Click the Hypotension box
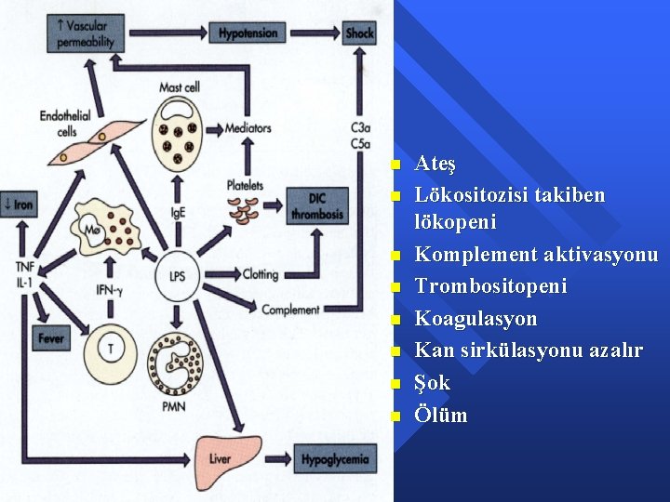(248, 34)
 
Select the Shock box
(359, 34)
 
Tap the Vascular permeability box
(83, 34)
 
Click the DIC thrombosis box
(316, 205)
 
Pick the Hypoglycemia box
(334, 458)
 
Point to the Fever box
(51, 338)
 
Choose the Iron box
(20, 205)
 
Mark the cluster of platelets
(246, 210)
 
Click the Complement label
(290, 310)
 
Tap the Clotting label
(261, 274)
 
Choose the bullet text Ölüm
(440, 415)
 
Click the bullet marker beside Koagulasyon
(395, 320)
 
